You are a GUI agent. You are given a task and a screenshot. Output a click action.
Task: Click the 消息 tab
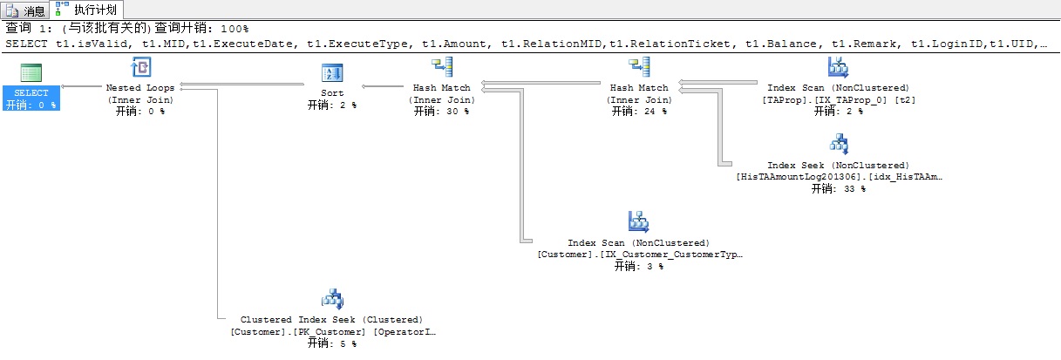click(25, 10)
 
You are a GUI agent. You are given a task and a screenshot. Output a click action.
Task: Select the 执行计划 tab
click(85, 10)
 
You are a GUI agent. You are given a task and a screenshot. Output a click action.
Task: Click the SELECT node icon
click(31, 72)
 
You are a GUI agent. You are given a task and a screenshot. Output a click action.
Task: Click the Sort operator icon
click(332, 72)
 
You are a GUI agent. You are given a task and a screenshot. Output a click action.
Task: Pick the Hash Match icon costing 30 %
click(441, 68)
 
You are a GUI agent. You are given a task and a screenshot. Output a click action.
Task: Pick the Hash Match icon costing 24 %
click(639, 68)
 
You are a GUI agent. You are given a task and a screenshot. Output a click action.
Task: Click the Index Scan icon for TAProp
click(838, 68)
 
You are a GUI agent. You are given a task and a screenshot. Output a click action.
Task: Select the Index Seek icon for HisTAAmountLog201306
click(838, 145)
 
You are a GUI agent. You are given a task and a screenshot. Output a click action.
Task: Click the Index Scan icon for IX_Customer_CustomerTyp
click(639, 221)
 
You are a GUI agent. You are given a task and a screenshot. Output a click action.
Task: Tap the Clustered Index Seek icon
click(332, 299)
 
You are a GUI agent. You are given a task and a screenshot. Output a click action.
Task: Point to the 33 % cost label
click(838, 188)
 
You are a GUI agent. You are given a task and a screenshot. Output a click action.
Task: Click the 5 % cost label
click(332, 343)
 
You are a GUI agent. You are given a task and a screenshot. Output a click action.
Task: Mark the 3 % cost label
click(639, 266)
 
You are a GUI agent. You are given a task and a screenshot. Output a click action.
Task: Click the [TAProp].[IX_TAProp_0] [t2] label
click(838, 99)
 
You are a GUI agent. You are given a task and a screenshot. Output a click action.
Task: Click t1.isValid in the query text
click(86, 43)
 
